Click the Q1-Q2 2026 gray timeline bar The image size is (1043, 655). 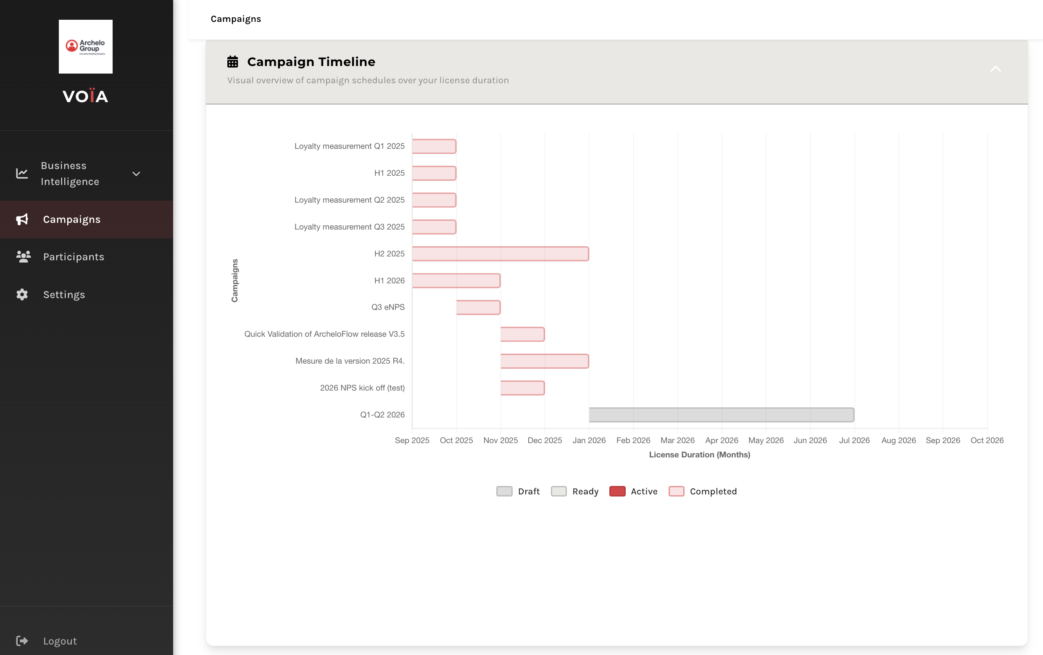(x=721, y=415)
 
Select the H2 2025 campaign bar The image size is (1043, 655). (x=500, y=254)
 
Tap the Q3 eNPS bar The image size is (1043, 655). (x=478, y=307)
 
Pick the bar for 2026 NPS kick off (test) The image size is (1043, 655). (x=522, y=388)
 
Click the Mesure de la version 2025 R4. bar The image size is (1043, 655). (x=544, y=361)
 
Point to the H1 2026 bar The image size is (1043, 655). (x=456, y=280)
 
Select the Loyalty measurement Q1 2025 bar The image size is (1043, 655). (x=434, y=146)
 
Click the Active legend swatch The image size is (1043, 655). (x=617, y=491)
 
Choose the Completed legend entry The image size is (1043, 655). (x=702, y=491)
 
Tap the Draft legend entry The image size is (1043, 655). (x=518, y=491)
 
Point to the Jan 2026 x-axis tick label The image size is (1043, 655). (x=589, y=440)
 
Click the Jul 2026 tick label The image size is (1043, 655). (x=854, y=440)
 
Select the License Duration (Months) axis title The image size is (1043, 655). (x=699, y=454)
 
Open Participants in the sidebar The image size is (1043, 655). (x=74, y=257)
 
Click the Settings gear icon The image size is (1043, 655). (x=22, y=295)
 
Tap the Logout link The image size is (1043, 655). (x=60, y=641)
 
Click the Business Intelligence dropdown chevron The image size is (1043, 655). (x=136, y=174)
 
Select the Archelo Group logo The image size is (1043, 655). (x=86, y=46)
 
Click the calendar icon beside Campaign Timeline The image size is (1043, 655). (x=232, y=62)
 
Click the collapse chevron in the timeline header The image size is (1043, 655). (x=996, y=69)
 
